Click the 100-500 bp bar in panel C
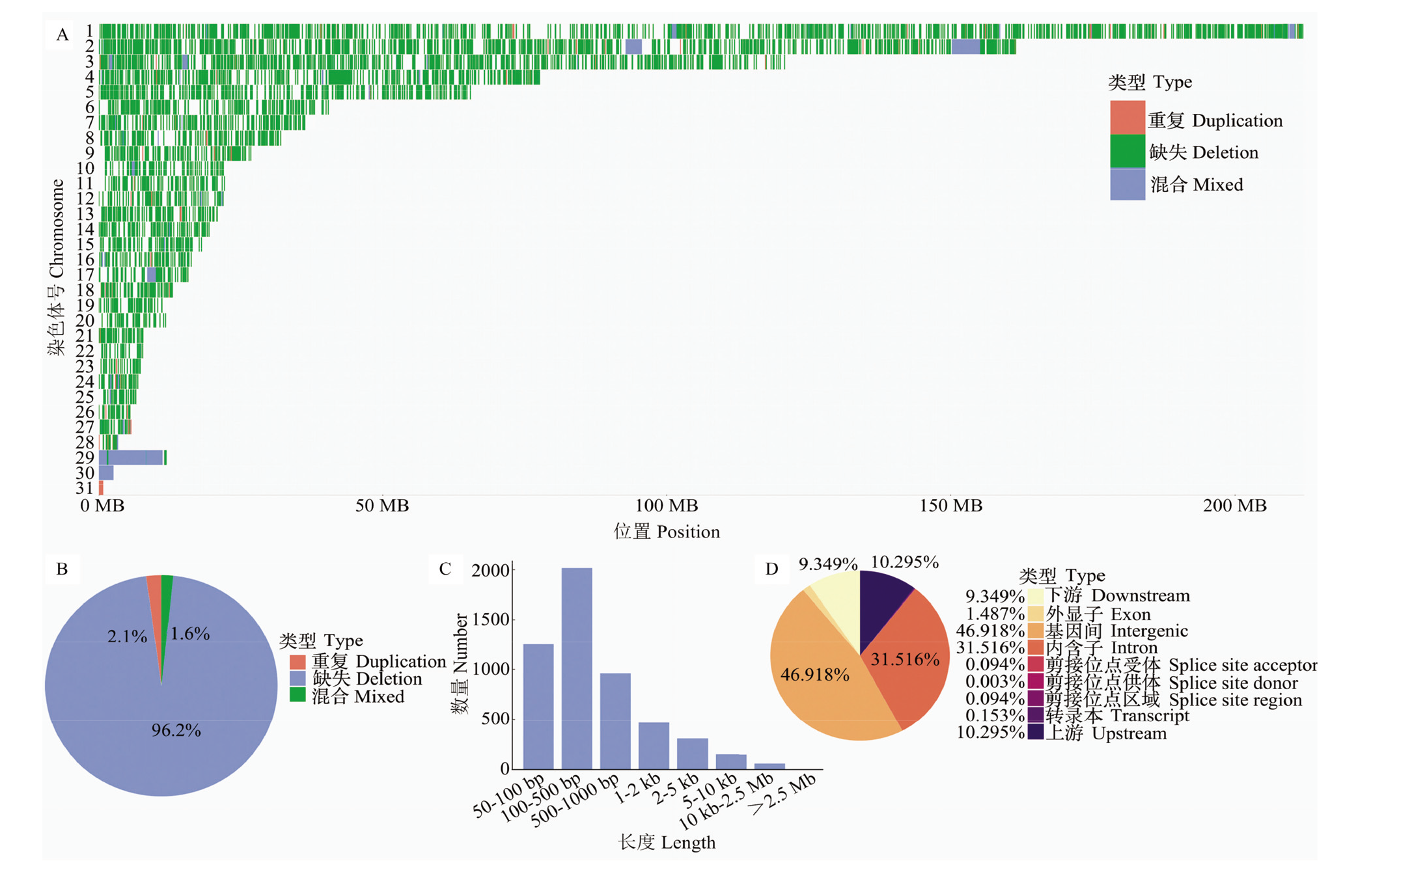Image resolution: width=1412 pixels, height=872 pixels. click(x=577, y=668)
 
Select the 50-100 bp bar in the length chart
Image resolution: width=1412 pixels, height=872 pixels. click(x=538, y=707)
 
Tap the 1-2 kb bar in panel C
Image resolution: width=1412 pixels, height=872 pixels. click(x=654, y=746)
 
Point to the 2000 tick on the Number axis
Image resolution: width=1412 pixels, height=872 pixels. click(x=490, y=570)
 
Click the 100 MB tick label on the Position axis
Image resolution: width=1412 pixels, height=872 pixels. click(x=667, y=506)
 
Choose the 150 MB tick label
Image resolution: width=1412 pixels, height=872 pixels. click(x=951, y=506)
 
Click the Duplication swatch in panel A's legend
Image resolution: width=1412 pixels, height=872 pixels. click(x=1128, y=118)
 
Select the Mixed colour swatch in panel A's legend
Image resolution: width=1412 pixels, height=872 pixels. click(x=1128, y=184)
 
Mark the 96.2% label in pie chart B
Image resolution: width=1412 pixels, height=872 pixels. click(x=176, y=730)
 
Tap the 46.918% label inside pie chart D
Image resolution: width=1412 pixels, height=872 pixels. click(x=815, y=675)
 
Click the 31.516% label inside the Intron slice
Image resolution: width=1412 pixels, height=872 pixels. click(x=906, y=660)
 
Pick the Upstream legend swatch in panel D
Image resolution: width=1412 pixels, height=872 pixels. click(x=1036, y=733)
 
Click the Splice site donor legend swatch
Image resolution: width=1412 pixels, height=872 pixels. click(x=1036, y=682)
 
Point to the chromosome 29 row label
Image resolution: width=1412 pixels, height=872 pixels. click(x=85, y=457)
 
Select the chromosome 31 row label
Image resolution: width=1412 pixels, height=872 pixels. click(x=85, y=488)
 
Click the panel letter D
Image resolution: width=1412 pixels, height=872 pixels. click(x=772, y=569)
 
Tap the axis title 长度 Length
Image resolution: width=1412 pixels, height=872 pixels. click(x=667, y=843)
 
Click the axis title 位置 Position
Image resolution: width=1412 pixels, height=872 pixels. click(x=667, y=532)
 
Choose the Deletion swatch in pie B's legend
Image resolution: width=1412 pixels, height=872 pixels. click(x=298, y=678)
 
